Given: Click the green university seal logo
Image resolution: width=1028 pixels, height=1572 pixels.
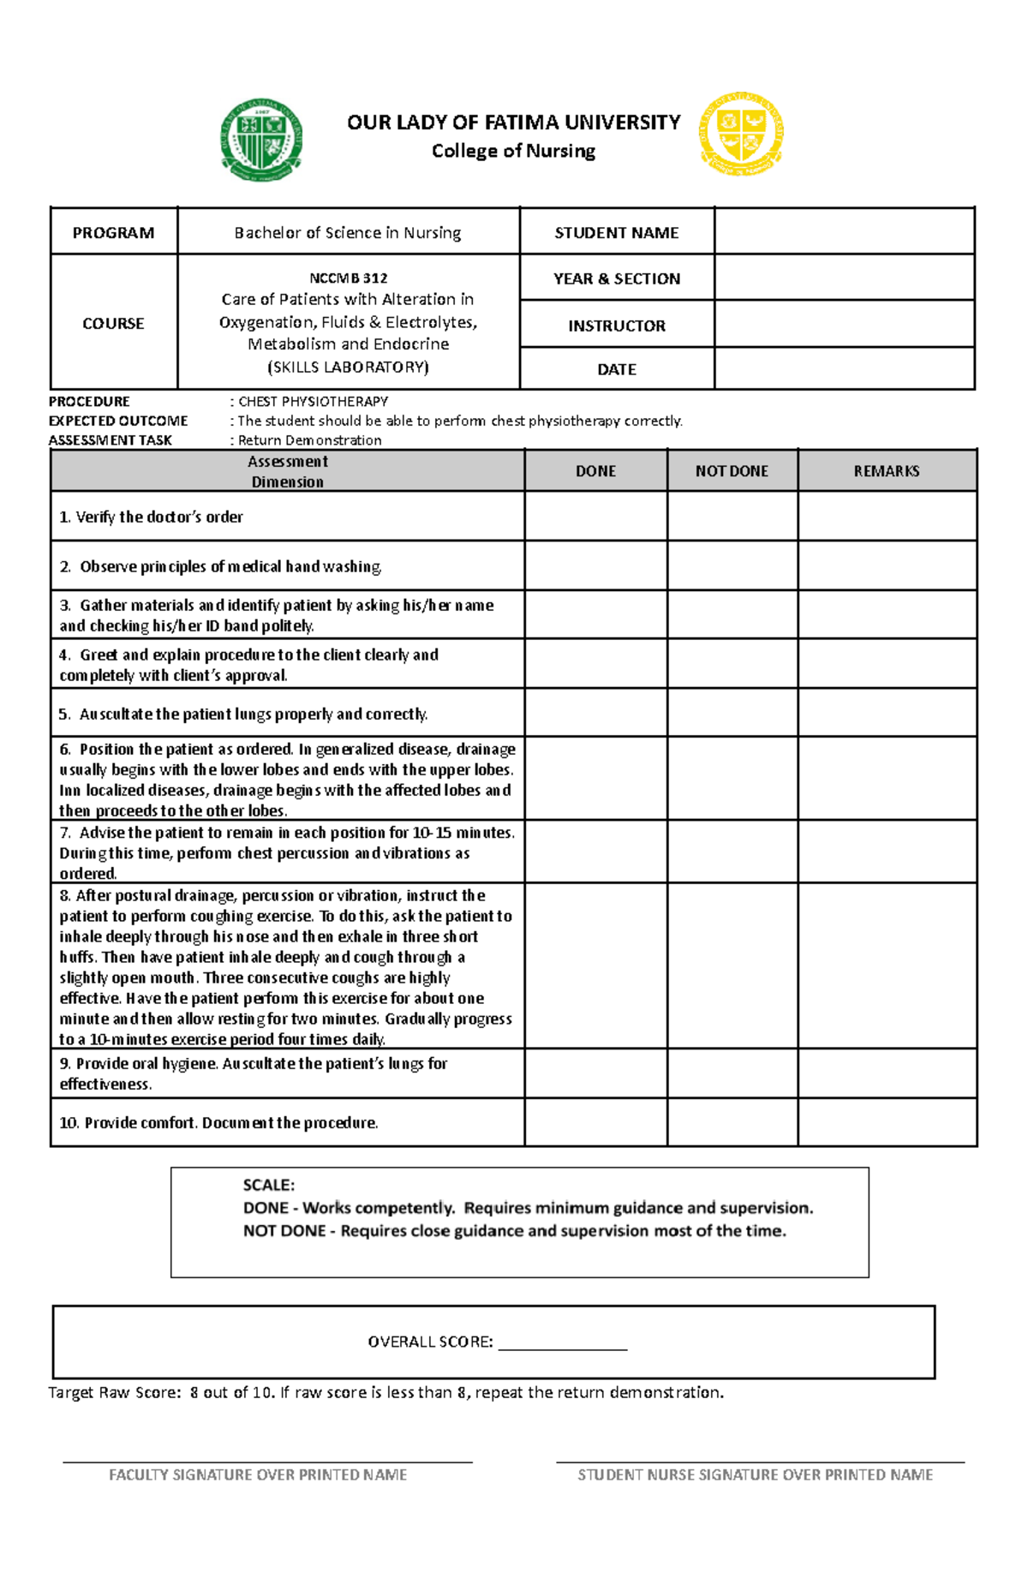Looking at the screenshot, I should click(x=261, y=140).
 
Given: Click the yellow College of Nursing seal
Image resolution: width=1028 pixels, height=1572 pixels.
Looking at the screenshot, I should click(x=741, y=134).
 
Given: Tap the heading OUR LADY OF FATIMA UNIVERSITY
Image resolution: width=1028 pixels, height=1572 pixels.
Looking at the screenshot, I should click(x=513, y=123).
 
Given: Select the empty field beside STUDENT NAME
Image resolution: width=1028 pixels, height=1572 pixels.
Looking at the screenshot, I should click(x=844, y=231).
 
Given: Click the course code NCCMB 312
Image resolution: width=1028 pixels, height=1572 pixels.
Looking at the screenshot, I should click(x=348, y=278).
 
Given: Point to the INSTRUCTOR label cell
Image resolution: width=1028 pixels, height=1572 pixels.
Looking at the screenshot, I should click(x=616, y=326).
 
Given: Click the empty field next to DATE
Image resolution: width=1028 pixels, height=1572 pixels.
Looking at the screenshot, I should click(x=844, y=368).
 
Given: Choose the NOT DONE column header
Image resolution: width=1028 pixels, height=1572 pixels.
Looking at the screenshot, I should click(x=732, y=471).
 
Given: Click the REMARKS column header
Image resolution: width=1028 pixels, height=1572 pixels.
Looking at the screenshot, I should click(x=886, y=471).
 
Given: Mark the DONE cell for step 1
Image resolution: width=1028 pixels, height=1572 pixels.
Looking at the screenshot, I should click(x=595, y=516).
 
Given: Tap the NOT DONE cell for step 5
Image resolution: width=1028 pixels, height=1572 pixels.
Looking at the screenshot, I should click(x=732, y=713).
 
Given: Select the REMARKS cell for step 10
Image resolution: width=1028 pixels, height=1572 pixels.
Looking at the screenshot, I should click(x=886, y=1122).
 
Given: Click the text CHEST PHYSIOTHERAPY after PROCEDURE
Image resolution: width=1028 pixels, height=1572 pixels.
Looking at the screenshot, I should click(x=313, y=401).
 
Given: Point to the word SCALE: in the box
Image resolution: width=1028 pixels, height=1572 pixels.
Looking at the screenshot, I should click(x=268, y=1185).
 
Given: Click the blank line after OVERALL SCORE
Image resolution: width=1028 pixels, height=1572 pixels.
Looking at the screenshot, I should click(x=562, y=1343).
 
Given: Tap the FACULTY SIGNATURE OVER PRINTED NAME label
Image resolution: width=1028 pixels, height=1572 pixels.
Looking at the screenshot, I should click(x=258, y=1474).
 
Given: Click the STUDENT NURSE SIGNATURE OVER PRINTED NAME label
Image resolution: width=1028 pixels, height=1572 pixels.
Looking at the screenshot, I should click(x=755, y=1474).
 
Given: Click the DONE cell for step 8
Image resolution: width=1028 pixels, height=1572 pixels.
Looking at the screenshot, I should click(x=595, y=965).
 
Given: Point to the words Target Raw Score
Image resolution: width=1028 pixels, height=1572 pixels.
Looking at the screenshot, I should click(x=114, y=1393).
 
